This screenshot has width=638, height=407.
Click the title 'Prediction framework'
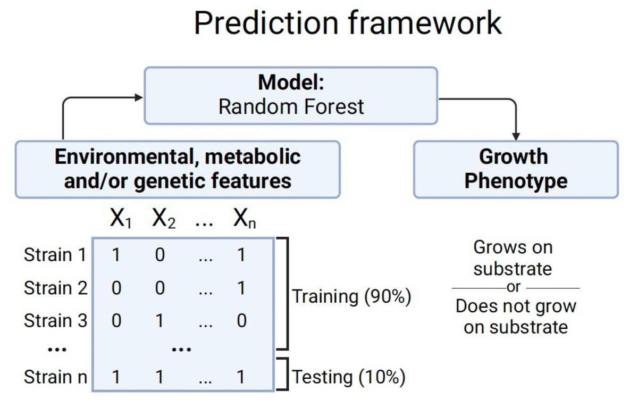click(x=348, y=23)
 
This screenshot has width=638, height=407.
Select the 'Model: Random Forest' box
click(x=291, y=96)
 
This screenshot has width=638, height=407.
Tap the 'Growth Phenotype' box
click(x=515, y=169)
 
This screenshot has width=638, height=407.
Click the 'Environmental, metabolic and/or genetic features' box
click(x=178, y=169)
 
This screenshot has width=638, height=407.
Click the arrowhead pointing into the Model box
click(x=139, y=97)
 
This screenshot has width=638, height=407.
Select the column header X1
click(x=120, y=219)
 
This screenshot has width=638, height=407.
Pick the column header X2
click(x=163, y=219)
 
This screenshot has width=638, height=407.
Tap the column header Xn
click(x=244, y=219)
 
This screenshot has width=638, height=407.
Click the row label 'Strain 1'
click(x=55, y=255)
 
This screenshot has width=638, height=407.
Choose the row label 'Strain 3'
click(x=55, y=321)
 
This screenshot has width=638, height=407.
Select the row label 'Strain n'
click(x=55, y=377)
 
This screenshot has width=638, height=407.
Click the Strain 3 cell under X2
click(x=159, y=321)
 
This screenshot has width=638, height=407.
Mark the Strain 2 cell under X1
click(x=116, y=288)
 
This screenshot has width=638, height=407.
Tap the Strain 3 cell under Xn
click(x=241, y=321)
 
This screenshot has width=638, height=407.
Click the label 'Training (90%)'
click(x=351, y=296)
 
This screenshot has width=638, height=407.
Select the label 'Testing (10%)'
click(x=349, y=377)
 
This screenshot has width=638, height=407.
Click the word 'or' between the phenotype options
click(x=514, y=287)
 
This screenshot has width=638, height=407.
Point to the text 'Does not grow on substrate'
click(x=515, y=316)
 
